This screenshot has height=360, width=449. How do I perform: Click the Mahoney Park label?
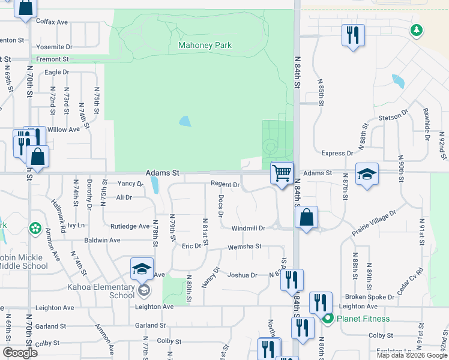205,45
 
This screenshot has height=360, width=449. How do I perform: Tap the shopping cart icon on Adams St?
282,173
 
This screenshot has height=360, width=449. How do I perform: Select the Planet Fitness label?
363,319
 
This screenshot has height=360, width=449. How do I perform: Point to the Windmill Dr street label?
248,228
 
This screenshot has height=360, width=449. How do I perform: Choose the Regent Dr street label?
225,184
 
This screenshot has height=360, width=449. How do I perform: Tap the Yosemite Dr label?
54,46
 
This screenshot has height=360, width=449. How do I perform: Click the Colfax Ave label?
52,22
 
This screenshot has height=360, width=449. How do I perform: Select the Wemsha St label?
244,247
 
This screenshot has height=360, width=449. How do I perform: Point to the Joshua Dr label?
242,275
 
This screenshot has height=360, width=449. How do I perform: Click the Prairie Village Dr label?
374,223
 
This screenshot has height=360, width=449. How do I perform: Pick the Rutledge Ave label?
130,226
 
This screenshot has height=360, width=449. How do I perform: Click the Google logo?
20,352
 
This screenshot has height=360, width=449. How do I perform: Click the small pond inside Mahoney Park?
185,121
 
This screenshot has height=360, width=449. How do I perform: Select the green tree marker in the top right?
415,29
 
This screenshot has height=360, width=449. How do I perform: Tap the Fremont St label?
52,59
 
